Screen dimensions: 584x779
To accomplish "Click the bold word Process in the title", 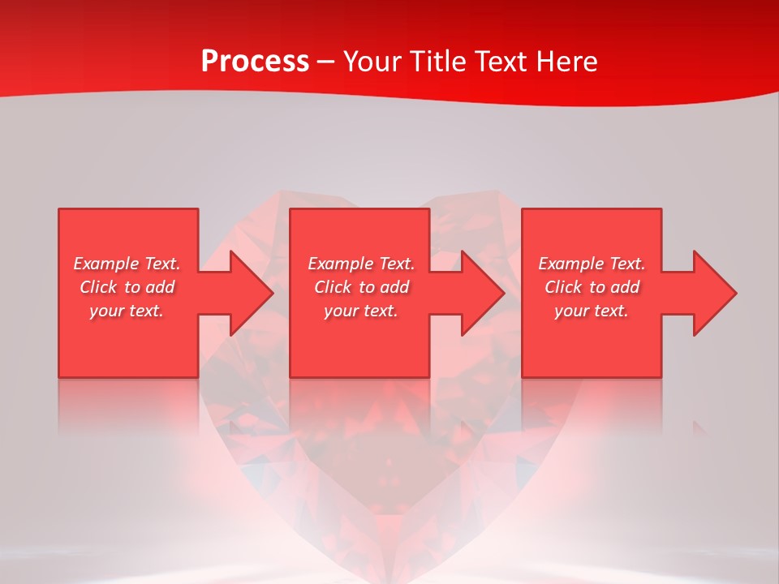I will (x=255, y=62).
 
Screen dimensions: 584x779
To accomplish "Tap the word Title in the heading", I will (x=436, y=62).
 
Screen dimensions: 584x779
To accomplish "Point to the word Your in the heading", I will (x=372, y=62).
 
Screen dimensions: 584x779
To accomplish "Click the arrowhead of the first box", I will (x=252, y=293).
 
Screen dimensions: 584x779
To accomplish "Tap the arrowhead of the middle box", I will (x=483, y=293).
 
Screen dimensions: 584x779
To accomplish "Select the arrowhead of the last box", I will (x=715, y=293).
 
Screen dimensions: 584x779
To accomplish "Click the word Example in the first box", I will (x=106, y=264).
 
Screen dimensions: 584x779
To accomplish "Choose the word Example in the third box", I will (x=571, y=264).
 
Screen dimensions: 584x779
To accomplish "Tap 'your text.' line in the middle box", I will (x=360, y=311).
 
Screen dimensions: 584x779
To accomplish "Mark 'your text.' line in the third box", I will (x=591, y=311).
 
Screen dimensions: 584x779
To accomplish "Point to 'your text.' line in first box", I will (x=126, y=311).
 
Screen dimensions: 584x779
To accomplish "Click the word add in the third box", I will (x=626, y=287).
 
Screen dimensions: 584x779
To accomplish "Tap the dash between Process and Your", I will (x=326, y=62).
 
